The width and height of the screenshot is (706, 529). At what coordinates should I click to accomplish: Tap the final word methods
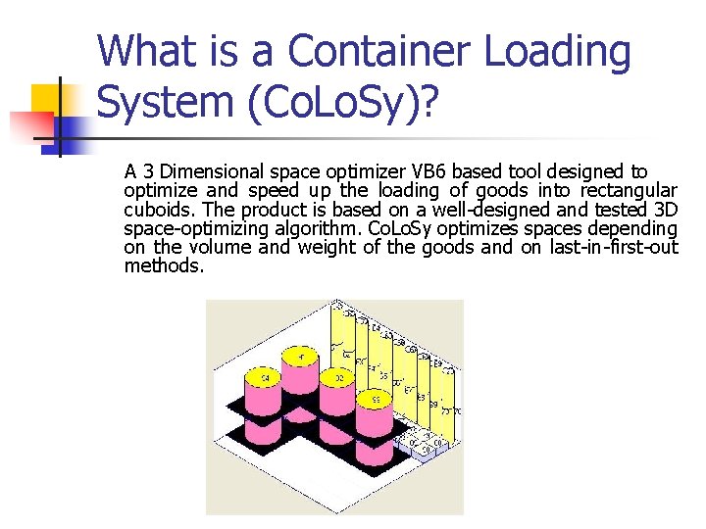(164, 265)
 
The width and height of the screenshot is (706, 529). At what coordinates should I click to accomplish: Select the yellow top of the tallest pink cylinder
(301, 355)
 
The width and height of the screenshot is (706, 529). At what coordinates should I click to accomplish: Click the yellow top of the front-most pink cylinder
(376, 399)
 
